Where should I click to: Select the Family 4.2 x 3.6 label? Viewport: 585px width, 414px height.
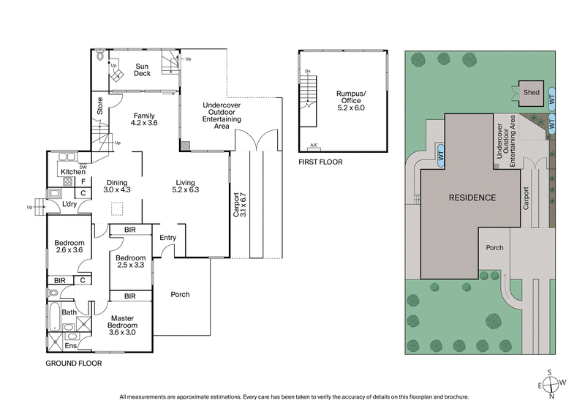(143, 119)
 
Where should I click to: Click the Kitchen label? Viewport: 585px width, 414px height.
(73, 171)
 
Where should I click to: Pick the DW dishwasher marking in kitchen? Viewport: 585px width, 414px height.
(83, 165)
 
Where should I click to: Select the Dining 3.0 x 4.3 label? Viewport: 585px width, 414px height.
(118, 186)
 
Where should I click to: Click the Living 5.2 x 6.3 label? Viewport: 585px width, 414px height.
(187, 186)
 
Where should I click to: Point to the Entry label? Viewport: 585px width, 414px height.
(167, 237)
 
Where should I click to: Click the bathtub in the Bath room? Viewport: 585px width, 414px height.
(55, 317)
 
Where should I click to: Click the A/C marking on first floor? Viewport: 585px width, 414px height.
(314, 145)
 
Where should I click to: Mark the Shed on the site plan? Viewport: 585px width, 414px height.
(531, 93)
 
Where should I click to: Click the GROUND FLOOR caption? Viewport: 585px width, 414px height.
(74, 363)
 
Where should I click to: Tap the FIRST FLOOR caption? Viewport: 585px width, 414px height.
(320, 162)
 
